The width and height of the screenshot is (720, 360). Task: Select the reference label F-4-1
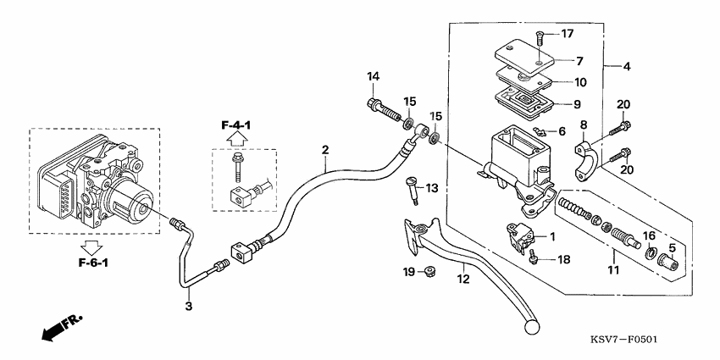point(237,125)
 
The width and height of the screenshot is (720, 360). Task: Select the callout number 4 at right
point(627,65)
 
